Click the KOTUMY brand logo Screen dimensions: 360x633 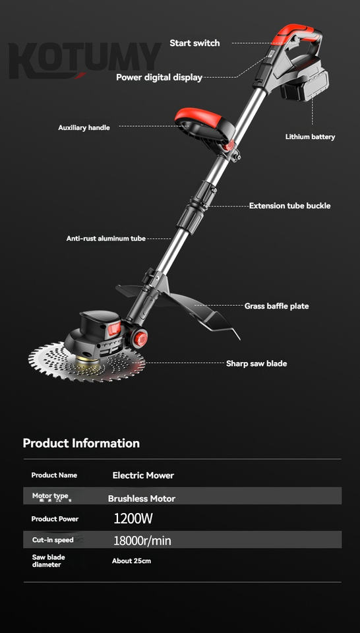[x=85, y=61]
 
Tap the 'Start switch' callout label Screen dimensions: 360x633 [x=195, y=44]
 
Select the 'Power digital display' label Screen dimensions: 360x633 [x=159, y=77]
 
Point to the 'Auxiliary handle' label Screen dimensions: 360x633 [x=84, y=127]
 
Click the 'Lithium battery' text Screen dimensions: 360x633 [x=310, y=137]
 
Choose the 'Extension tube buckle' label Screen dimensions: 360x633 [x=289, y=206]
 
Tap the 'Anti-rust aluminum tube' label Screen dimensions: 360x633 [x=105, y=239]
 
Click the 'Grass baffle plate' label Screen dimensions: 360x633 [x=276, y=306]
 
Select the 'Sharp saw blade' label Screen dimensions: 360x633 [x=256, y=363]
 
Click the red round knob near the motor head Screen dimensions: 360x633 [x=140, y=338]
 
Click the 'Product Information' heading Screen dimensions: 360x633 [x=81, y=443]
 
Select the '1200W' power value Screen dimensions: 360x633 [x=133, y=519]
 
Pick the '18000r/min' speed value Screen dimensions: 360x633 [x=142, y=541]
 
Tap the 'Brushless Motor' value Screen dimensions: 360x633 [x=142, y=498]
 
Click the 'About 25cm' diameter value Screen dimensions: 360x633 [x=132, y=560]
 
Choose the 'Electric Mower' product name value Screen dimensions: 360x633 [x=143, y=475]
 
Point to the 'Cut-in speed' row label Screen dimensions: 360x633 [x=53, y=540]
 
